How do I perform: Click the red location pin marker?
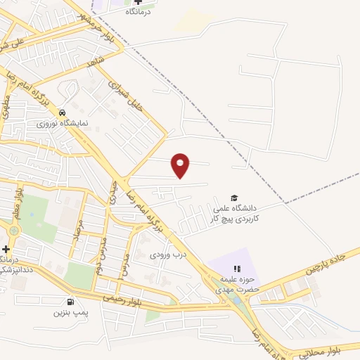click(181, 165)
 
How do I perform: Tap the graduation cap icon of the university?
click(234, 198)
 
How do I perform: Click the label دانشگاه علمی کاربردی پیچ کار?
click(236, 214)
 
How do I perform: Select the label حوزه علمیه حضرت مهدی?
click(238, 283)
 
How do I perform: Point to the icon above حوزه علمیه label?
click(237, 268)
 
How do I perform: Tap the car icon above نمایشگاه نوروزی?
click(62, 112)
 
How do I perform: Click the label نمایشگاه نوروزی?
click(63, 122)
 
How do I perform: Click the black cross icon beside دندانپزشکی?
click(6, 249)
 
